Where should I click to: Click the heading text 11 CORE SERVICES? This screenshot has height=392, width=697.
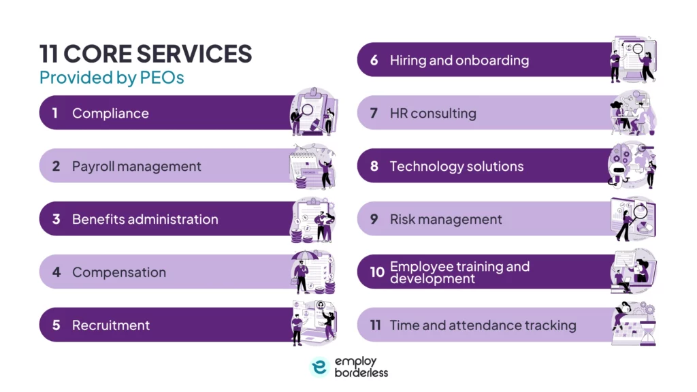pos(146,54)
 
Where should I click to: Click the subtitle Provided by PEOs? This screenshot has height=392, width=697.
pos(112,78)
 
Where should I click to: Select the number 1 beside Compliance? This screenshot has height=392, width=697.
pos(55,113)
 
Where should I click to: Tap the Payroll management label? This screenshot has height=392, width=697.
pos(137,166)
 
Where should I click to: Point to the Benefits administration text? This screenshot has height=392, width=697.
pos(145,219)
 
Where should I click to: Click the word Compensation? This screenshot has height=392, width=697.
pos(119,272)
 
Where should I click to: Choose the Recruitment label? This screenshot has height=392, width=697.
pos(111,325)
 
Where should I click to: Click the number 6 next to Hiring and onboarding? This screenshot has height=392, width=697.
pos(374,60)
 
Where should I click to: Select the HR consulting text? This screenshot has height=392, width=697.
pos(433,113)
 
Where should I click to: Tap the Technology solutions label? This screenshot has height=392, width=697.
pos(457,166)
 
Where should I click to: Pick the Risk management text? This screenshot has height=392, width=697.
pos(446,219)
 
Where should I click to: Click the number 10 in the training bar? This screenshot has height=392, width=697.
pos(376,272)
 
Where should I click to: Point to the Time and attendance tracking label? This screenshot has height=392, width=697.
pos(483,325)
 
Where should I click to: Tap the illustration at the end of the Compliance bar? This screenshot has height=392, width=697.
pos(314,112)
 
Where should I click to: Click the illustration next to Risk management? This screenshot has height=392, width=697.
pos(632,219)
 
